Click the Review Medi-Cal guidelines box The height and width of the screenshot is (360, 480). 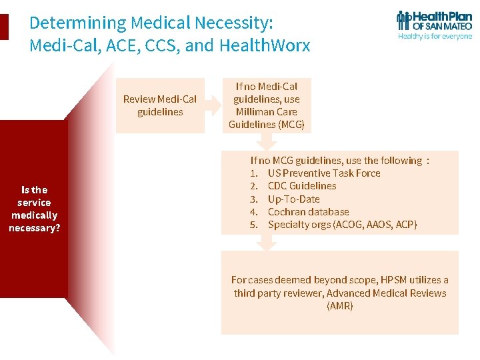[160, 105]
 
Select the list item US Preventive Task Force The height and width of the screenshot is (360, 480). [324, 173]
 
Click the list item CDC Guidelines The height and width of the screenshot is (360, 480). [302, 185]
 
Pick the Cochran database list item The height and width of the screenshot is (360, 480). [308, 211]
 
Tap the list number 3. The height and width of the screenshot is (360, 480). [254, 199]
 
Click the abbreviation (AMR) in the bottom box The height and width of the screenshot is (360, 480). [339, 306]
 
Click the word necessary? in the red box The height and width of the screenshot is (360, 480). [34, 227]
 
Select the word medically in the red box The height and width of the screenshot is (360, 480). [34, 215]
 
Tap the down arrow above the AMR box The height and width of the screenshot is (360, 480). [267, 243]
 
